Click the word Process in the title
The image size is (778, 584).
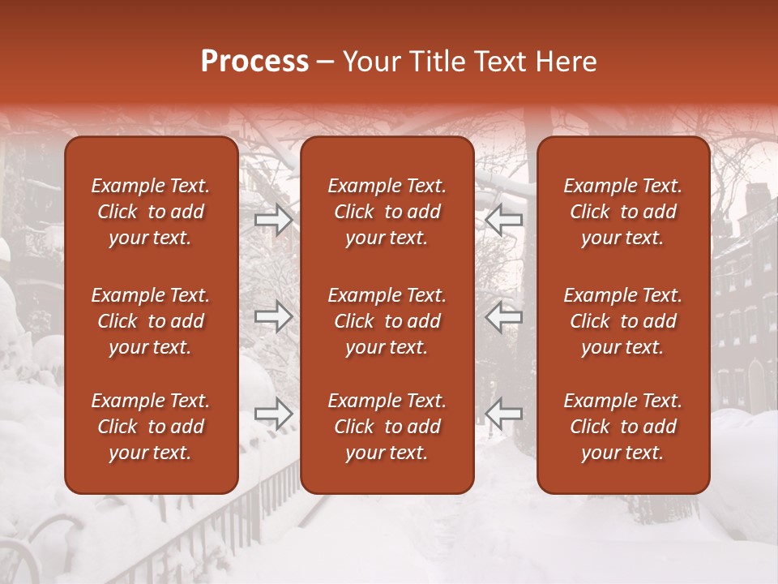(x=254, y=62)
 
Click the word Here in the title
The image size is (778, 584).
(x=566, y=62)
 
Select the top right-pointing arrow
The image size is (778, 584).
(x=274, y=220)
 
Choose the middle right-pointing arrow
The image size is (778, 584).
(x=274, y=316)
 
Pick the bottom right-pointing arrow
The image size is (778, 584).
(x=274, y=414)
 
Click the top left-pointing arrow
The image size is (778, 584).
(x=504, y=220)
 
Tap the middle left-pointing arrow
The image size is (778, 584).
(x=504, y=316)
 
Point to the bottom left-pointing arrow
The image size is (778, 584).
(x=504, y=414)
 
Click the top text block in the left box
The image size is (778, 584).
(x=151, y=212)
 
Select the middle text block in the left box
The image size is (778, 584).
(x=151, y=321)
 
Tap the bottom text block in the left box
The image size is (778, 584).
(x=151, y=427)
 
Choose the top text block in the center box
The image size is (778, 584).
(x=387, y=212)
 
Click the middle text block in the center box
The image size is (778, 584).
(x=387, y=321)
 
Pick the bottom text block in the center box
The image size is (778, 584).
(x=387, y=427)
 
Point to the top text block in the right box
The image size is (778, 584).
(x=622, y=212)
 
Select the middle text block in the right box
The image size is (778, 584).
(x=622, y=321)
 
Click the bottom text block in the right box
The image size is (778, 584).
(x=622, y=427)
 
